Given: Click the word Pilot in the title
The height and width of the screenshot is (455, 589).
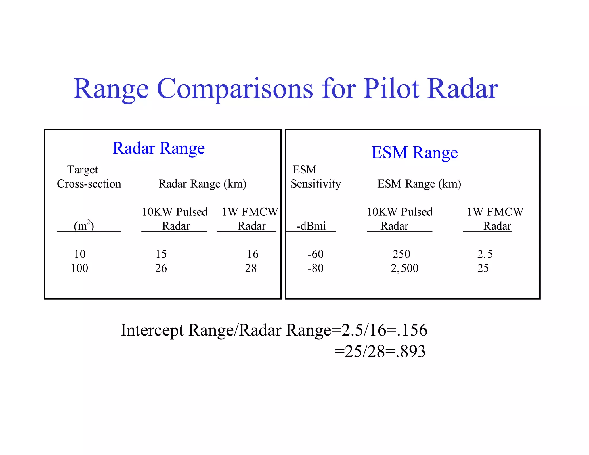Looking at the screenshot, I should [391, 89].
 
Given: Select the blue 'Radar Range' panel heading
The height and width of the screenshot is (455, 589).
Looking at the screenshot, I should [158, 148].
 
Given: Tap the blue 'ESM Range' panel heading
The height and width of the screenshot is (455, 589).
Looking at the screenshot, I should [414, 152].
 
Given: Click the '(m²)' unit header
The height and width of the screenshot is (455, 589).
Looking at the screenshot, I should [84, 226].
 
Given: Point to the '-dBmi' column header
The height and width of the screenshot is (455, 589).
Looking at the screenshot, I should [311, 226].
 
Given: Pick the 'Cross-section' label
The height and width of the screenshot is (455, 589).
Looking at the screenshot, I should [89, 184].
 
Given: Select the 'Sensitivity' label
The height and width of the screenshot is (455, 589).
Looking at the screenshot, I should [316, 184].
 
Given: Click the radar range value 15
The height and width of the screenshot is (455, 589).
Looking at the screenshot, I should [161, 254].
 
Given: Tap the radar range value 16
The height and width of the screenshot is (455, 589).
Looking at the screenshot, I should [253, 254].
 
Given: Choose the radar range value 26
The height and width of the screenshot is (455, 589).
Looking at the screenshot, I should [161, 268].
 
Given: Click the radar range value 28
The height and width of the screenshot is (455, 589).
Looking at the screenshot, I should [251, 268].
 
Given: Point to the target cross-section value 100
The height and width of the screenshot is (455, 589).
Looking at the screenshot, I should [79, 268].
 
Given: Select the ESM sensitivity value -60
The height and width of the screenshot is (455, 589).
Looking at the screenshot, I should [315, 254].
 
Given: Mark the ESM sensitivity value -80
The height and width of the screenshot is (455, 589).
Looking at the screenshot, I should [315, 268].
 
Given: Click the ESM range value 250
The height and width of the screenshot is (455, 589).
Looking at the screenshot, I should [401, 254].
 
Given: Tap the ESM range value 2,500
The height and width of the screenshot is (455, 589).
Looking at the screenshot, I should [405, 268].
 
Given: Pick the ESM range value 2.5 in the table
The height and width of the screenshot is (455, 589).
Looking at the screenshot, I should [485, 254].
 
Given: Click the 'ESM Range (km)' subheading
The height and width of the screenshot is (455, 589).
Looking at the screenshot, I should [419, 184].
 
